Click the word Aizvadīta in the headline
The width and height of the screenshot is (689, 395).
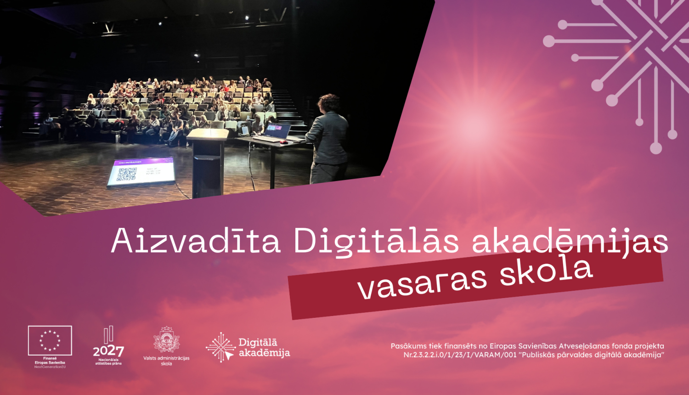(196, 240)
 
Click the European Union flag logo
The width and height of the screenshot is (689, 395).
(50, 340)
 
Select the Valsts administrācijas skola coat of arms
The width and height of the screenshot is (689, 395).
(166, 340)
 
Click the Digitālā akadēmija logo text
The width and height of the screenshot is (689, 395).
(264, 348)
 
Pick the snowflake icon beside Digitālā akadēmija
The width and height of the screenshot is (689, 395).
(221, 347)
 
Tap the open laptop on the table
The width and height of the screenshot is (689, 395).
(276, 132)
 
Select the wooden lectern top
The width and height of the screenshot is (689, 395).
(208, 134)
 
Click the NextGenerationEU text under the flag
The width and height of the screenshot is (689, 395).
(50, 367)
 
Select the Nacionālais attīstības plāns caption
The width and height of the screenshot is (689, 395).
(108, 361)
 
